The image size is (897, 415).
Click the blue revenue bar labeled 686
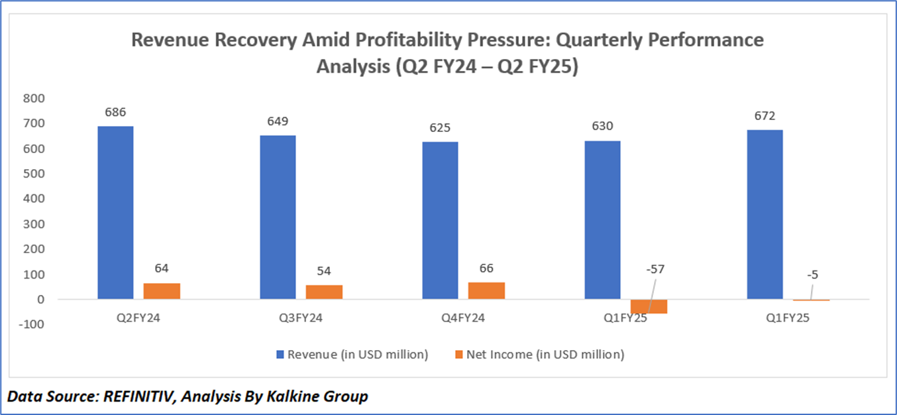(x=115, y=212)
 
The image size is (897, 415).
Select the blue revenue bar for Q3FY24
(x=278, y=217)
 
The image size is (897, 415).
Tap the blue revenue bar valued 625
(x=440, y=220)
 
